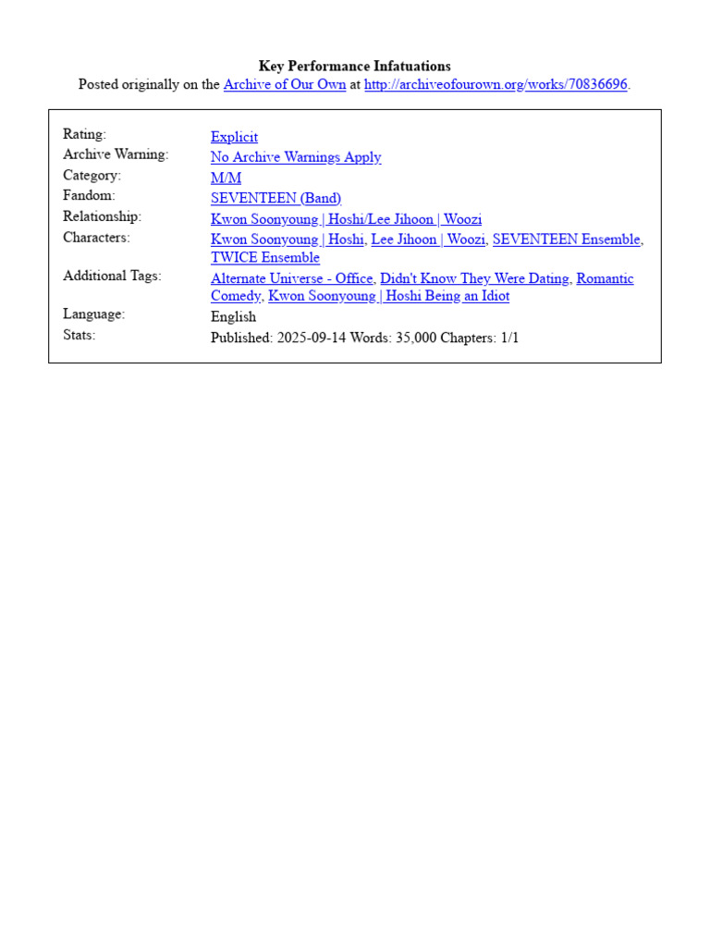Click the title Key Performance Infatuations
(355, 66)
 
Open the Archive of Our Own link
(285, 84)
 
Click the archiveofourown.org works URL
(496, 84)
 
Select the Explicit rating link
(234, 137)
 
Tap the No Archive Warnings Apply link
(296, 157)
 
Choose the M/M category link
(226, 178)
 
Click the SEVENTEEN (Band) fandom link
(275, 198)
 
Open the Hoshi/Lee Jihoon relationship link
(346, 219)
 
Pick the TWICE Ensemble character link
(265, 257)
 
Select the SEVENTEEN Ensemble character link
(566, 240)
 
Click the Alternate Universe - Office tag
(291, 278)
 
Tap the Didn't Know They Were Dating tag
(474, 278)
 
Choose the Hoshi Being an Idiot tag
(388, 296)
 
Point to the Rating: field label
(84, 134)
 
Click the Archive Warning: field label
(116, 154)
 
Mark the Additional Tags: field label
(112, 276)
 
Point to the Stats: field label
(80, 335)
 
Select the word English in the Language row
(233, 316)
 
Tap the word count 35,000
(415, 338)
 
